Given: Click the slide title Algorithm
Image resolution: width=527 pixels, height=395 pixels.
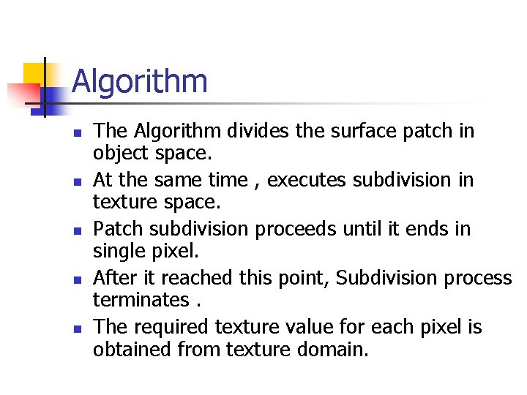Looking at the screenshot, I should point(140,81).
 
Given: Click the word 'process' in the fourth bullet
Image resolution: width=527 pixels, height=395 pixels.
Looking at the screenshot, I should point(479,278).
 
